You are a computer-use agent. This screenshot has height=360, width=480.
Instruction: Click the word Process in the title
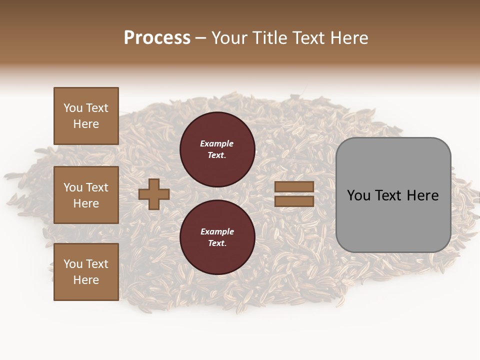click(157, 38)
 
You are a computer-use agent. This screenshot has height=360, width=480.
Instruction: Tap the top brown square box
click(86, 116)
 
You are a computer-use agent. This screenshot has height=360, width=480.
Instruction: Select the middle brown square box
click(86, 195)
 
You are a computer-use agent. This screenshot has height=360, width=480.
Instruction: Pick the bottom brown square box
click(86, 272)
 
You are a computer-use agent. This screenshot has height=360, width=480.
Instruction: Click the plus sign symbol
click(154, 194)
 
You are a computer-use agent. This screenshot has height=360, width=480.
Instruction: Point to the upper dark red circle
click(217, 149)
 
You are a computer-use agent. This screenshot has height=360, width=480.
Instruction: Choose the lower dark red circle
click(217, 237)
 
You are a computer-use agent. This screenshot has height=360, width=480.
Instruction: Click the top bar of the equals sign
click(294, 186)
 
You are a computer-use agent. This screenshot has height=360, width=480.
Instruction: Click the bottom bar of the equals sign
click(294, 201)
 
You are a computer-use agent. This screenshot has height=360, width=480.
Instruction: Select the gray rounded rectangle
click(393, 194)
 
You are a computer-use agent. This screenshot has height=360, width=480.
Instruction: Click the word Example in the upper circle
click(217, 143)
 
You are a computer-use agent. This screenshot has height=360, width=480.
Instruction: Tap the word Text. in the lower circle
click(217, 243)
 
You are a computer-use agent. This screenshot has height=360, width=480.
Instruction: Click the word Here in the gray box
click(422, 195)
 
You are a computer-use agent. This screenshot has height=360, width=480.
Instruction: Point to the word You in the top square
click(73, 108)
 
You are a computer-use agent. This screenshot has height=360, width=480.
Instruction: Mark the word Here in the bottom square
click(86, 280)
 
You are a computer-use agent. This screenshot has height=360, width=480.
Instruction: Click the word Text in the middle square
click(96, 187)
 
